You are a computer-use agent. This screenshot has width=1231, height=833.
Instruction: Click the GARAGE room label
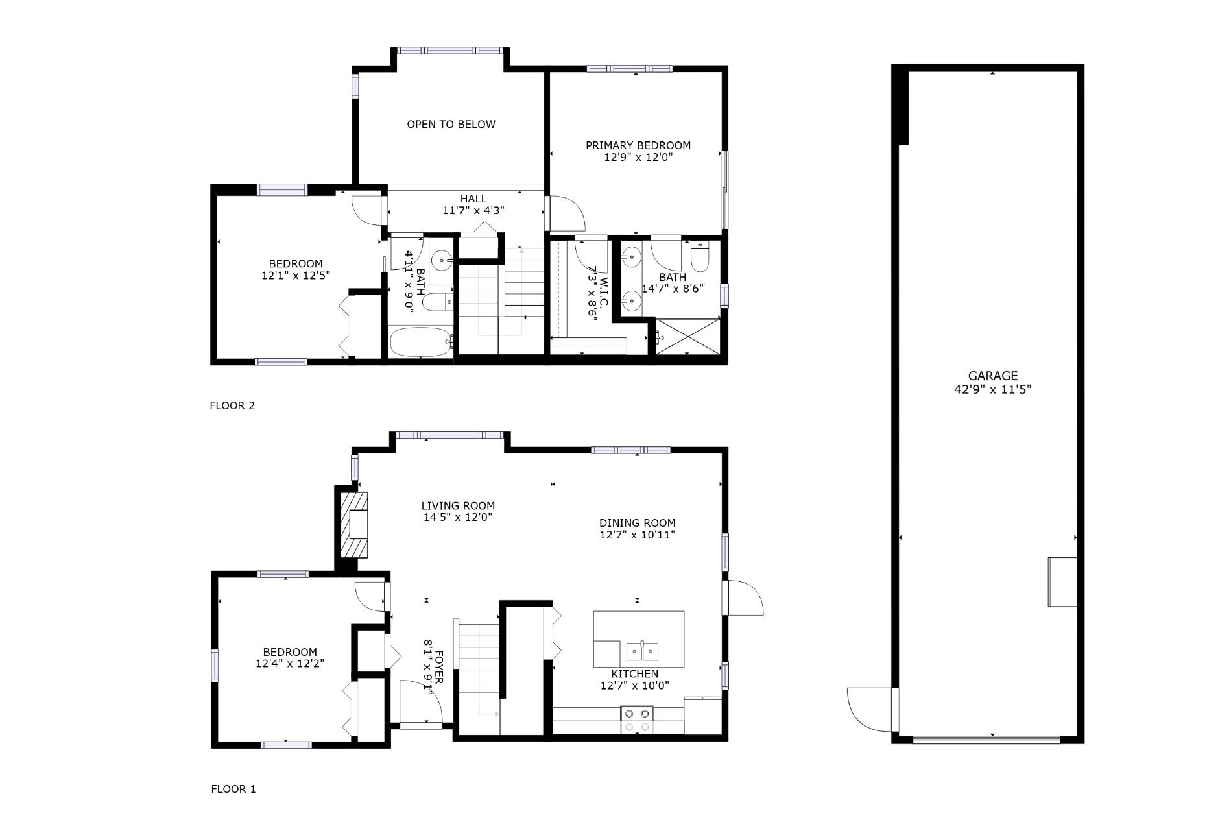(992, 376)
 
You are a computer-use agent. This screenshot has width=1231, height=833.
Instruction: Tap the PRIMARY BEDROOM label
(638, 145)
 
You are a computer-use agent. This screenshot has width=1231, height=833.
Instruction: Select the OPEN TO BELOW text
(451, 124)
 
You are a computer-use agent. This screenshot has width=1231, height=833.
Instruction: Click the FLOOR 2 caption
(232, 405)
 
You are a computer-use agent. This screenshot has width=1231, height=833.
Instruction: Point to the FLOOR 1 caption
(233, 789)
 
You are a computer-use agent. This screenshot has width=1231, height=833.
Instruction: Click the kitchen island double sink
(642, 651)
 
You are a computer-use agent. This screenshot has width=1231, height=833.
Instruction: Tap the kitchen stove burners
(636, 719)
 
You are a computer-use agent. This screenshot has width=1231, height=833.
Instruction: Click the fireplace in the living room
(355, 524)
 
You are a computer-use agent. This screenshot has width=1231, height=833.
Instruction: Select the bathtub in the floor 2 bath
(420, 341)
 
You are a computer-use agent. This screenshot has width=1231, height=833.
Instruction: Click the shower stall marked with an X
(688, 336)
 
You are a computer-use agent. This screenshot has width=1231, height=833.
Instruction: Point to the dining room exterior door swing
(745, 598)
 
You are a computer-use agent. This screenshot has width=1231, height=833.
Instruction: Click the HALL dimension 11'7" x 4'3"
(473, 210)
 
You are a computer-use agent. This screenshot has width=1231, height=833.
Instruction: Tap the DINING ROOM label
(637, 523)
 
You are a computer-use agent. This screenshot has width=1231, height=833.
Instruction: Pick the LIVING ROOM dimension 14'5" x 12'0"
(458, 518)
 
